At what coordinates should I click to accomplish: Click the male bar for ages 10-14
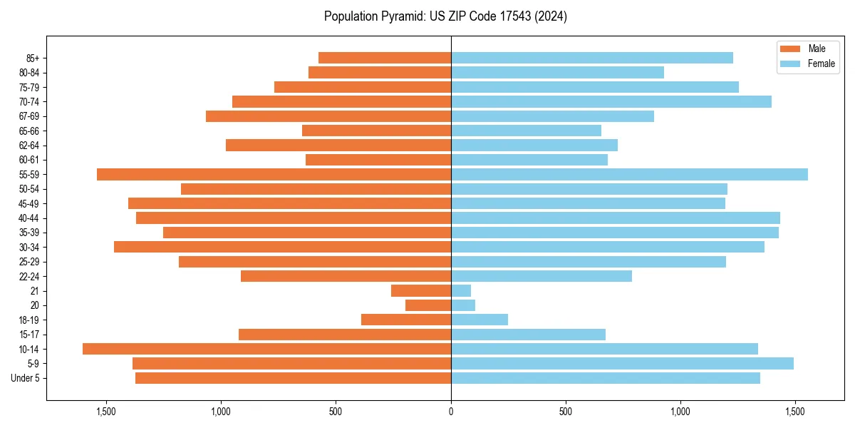(266, 349)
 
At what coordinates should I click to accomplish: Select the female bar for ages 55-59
(629, 174)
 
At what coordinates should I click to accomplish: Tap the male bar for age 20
(428, 305)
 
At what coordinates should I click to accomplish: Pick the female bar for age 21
(461, 290)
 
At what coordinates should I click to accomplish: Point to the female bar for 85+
(591, 58)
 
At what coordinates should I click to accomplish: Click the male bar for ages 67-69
(328, 116)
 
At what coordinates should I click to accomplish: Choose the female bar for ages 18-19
(480, 320)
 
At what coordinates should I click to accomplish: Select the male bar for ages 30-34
(282, 247)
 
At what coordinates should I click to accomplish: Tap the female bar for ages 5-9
(622, 363)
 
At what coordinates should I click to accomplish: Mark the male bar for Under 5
(293, 378)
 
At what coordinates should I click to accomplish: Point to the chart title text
(445, 16)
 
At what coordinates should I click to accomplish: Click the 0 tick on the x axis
(451, 412)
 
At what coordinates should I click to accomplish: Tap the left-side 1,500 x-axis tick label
(106, 412)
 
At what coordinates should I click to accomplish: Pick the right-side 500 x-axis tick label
(566, 412)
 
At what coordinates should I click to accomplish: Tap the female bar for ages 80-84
(557, 72)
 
